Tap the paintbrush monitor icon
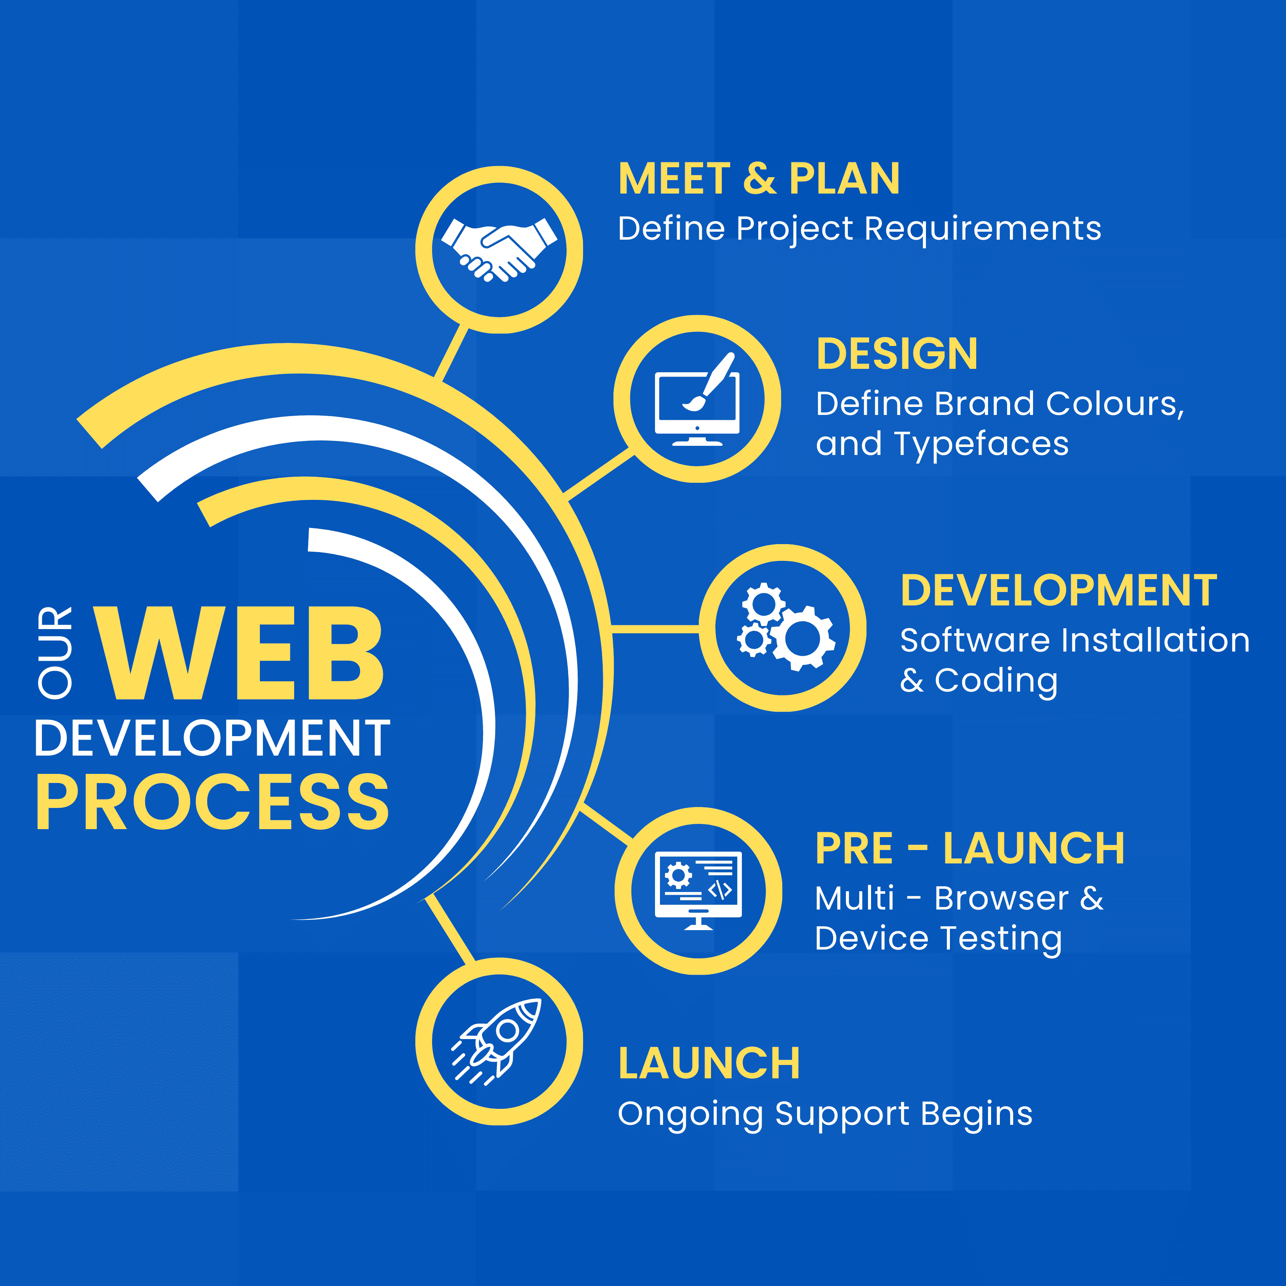(x=697, y=399)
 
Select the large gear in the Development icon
(x=803, y=638)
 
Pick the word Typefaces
(x=981, y=444)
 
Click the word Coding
(x=996, y=680)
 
